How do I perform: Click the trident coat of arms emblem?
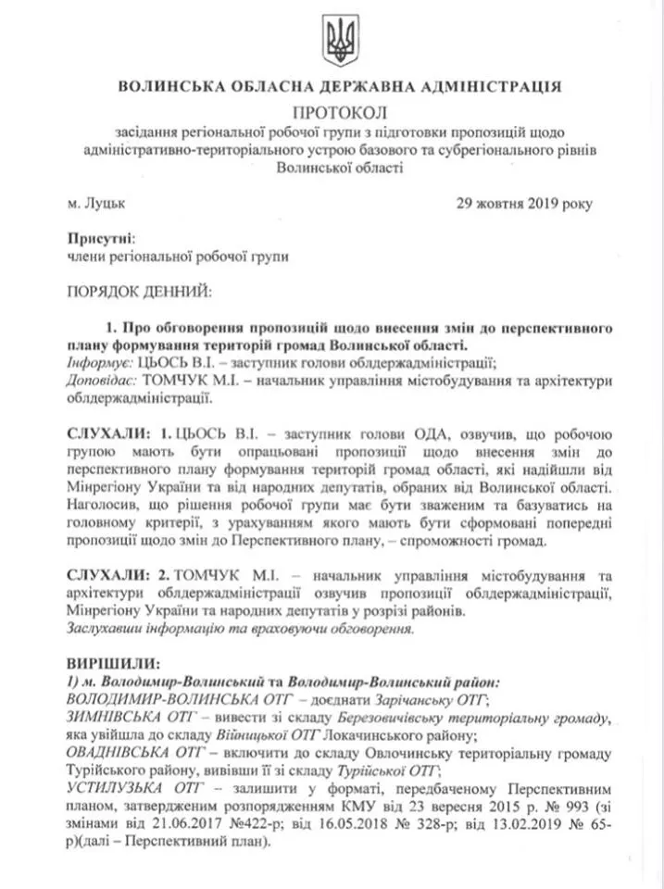[339, 40]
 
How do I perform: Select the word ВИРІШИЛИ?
[113, 664]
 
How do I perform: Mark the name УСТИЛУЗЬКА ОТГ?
[131, 787]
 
